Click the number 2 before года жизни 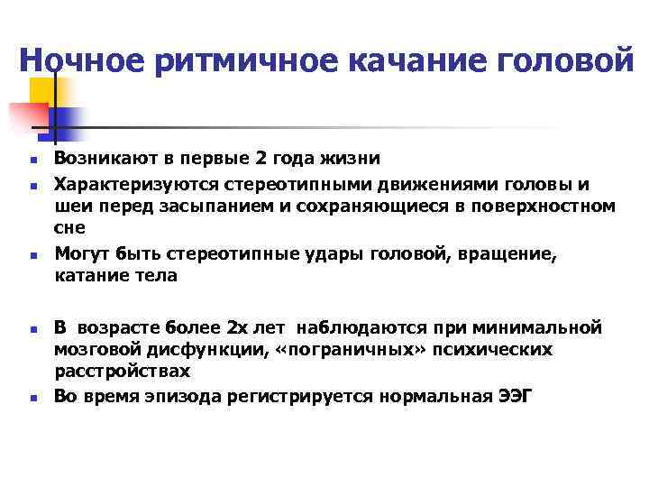tap(235, 159)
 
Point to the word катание tap(88, 277)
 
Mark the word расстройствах tap(122, 371)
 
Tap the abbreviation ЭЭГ tap(515, 395)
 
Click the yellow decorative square tap(46, 91)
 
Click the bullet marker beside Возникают tap(30, 161)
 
